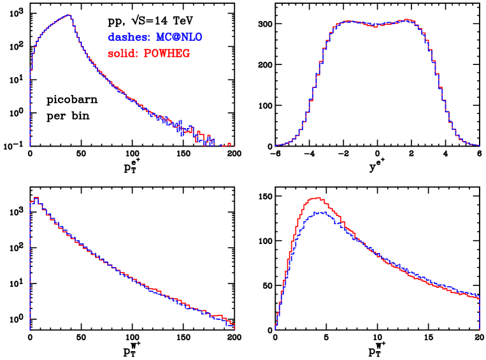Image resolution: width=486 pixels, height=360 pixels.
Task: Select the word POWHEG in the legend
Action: pos(167,54)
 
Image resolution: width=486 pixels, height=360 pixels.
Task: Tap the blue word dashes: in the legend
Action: pos(129,38)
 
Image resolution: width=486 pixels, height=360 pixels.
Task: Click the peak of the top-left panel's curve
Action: pos(68,15)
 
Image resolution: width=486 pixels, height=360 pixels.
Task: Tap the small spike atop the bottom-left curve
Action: pos(36,198)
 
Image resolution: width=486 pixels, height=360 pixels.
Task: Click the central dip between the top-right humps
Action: pos(376,25)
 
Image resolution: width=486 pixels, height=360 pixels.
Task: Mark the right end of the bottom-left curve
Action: pos(234,326)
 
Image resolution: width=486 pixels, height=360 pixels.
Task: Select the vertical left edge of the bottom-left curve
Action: pos(29,268)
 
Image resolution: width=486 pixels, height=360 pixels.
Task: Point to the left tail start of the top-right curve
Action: pos(276,145)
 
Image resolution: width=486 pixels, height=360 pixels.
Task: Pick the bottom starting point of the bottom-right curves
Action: pos(276,328)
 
